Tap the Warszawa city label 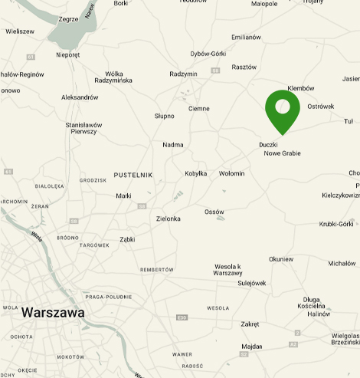point(53,313)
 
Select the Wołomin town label point(231,173)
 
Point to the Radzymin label point(183,74)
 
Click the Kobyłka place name point(196,173)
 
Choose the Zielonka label point(168,219)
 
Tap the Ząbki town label point(127,239)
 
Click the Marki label point(123,196)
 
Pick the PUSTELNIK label point(133,175)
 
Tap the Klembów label point(301,88)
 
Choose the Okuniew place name point(281,259)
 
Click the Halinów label point(318,313)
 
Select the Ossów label point(214,212)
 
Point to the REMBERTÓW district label point(157,270)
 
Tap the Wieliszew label point(19,31)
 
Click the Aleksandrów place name point(80,97)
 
